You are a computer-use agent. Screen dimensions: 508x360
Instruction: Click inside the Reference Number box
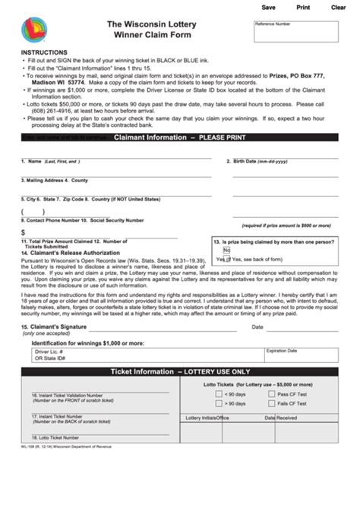click(302, 35)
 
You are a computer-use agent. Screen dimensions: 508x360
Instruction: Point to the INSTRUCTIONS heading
click(43, 52)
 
